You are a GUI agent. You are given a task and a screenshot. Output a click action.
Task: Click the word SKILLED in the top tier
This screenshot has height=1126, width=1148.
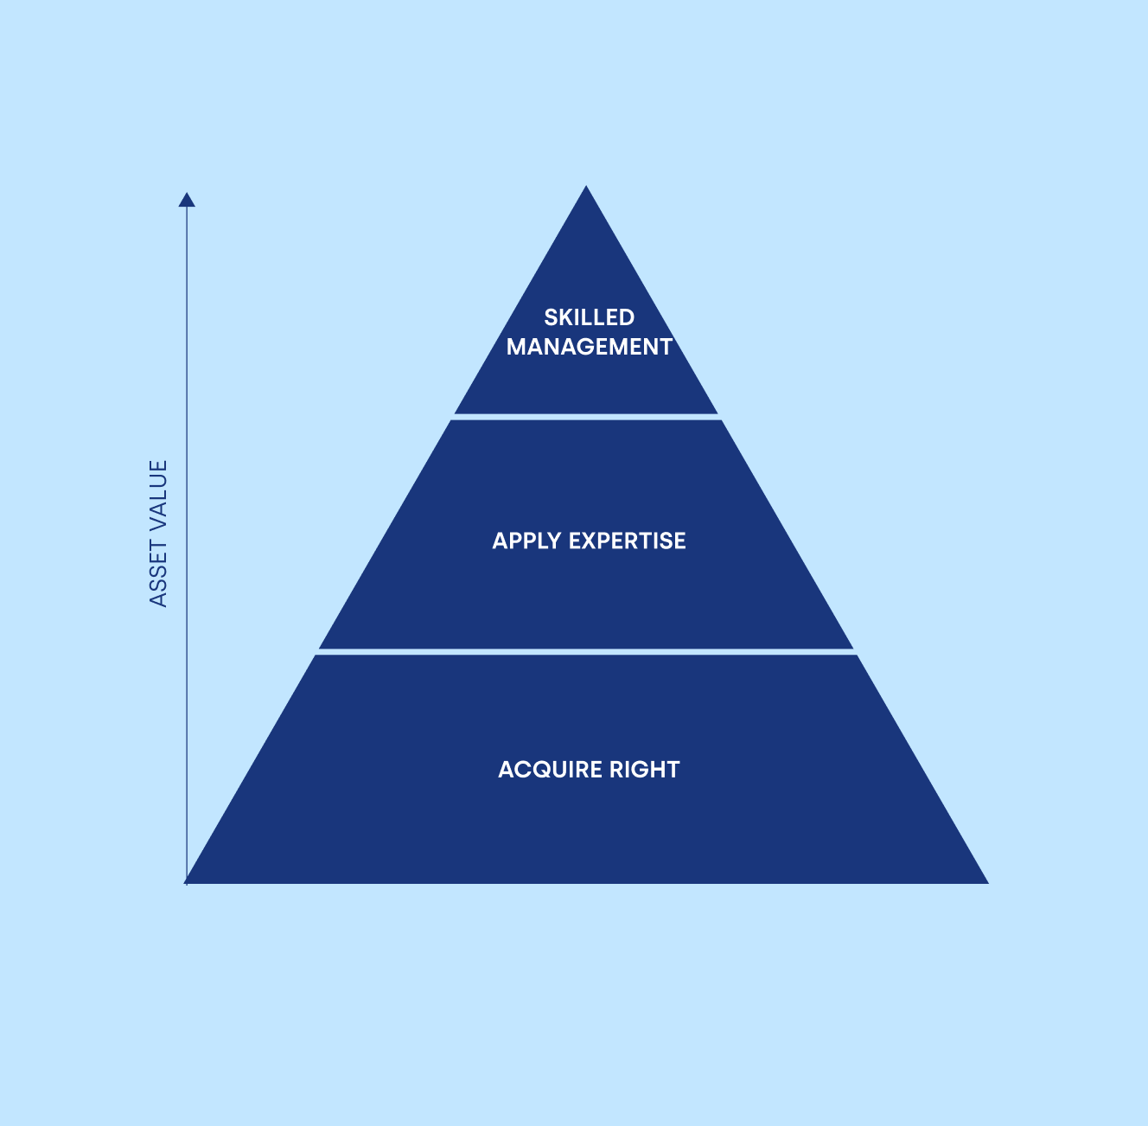589,317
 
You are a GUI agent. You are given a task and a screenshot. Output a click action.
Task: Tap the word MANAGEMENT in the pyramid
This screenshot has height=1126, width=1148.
590,347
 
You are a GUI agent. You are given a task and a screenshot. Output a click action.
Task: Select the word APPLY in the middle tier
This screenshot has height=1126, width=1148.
526,541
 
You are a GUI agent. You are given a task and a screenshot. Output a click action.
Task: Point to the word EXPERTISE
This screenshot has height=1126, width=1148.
628,541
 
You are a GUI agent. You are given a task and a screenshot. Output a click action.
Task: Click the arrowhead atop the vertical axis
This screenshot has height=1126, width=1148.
187,200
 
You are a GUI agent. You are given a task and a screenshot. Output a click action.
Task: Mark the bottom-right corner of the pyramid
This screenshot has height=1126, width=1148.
988,883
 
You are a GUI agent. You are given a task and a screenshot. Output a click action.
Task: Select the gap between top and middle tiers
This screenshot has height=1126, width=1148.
586,417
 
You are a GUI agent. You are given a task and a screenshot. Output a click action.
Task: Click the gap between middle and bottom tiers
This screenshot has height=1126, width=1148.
586,651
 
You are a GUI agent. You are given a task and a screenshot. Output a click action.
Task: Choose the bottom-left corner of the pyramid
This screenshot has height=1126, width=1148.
184,883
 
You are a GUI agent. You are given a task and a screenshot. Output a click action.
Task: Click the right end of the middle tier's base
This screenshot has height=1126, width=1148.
853,648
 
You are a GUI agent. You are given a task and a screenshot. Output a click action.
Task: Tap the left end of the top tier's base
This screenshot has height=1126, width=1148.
456,413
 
